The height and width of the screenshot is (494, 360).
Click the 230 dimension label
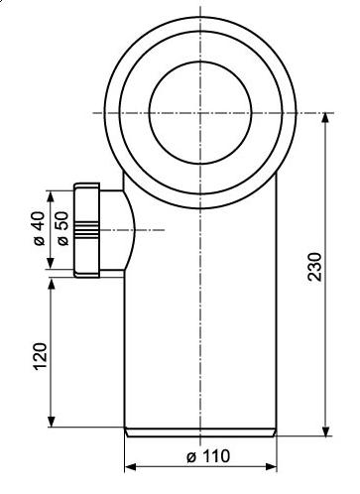[x=314, y=267]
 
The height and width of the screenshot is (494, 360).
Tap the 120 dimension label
[x=41, y=356]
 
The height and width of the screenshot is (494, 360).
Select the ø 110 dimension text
[x=208, y=456]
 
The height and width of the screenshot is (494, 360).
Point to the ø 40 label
[x=39, y=228]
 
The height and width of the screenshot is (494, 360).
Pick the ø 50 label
[x=62, y=228]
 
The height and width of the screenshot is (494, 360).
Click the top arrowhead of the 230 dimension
[x=326, y=119]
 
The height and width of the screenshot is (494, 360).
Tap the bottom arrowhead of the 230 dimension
[x=326, y=431]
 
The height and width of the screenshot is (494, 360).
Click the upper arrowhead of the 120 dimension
[x=51, y=284]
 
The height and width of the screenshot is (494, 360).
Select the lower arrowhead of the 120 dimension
[x=51, y=422]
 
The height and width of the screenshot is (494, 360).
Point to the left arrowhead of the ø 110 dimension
[x=131, y=467]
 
